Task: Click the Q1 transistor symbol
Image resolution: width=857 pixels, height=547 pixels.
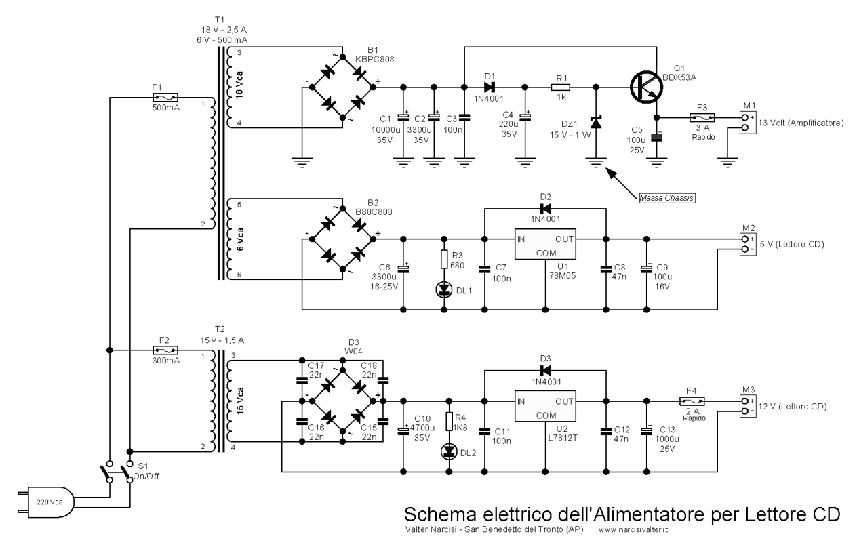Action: click(x=646, y=87)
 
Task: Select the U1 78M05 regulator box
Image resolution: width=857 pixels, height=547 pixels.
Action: click(x=545, y=244)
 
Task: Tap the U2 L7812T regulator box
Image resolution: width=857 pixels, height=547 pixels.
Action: click(x=545, y=406)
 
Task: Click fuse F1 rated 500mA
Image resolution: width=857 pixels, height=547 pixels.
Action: click(x=165, y=98)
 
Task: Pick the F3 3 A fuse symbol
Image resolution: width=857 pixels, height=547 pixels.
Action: click(x=702, y=117)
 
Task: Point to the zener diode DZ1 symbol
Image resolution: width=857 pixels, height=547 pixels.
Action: click(x=596, y=123)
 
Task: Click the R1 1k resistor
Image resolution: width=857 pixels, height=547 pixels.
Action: click(x=561, y=87)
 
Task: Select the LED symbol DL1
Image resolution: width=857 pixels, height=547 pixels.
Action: click(x=444, y=289)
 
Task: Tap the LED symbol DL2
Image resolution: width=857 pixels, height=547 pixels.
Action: click(x=449, y=451)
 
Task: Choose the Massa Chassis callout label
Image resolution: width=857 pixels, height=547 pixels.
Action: click(x=667, y=198)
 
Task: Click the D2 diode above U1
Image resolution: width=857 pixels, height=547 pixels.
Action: click(x=545, y=209)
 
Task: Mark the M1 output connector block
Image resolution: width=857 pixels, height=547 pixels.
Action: click(x=748, y=123)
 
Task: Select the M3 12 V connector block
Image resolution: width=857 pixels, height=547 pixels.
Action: click(x=748, y=406)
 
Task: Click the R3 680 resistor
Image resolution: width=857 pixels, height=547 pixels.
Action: click(x=444, y=260)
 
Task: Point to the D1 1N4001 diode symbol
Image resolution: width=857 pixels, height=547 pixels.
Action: click(x=490, y=87)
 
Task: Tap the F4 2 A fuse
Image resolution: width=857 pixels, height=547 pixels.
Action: click(x=692, y=401)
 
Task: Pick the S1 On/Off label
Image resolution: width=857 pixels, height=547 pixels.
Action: click(x=146, y=471)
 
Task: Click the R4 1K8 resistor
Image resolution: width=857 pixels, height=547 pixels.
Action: click(x=449, y=422)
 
